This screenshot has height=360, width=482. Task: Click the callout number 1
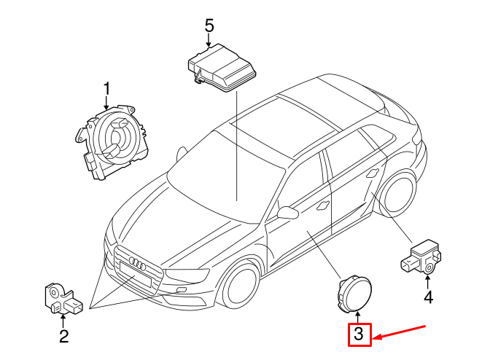pos(106,90)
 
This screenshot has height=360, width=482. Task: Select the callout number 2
pos(64,336)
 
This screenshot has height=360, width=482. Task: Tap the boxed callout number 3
pos(358,335)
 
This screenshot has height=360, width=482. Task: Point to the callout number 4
pos(428,297)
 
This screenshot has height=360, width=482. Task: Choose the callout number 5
pos(209,26)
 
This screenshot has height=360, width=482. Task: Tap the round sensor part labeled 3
pos(354,293)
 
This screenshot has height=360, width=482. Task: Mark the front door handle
pos(321,206)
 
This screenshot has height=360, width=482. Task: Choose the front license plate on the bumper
pos(133,278)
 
